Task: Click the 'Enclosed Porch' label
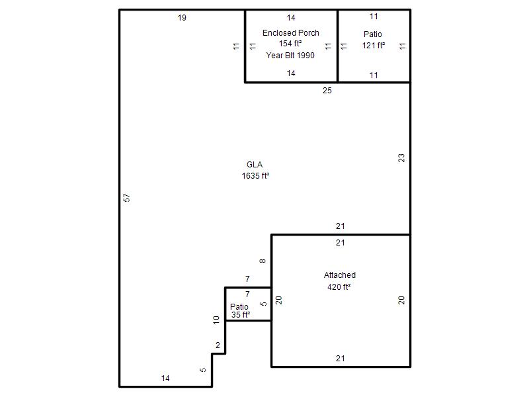[290, 33]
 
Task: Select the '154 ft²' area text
[290, 44]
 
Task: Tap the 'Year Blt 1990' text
[290, 56]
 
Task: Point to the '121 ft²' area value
[374, 45]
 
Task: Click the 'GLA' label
[255, 165]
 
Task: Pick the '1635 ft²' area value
[255, 176]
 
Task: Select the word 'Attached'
[340, 275]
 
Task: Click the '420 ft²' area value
[339, 287]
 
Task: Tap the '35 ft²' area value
[241, 315]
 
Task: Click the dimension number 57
[126, 197]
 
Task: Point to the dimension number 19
[182, 18]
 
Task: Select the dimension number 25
[327, 91]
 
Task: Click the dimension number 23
[401, 158]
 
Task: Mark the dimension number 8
[263, 261]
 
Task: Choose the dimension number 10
[216, 320]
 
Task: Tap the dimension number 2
[218, 345]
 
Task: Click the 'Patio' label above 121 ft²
[373, 34]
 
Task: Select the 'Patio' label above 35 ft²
[239, 306]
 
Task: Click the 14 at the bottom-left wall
[165, 378]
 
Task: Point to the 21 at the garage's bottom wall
[340, 358]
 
